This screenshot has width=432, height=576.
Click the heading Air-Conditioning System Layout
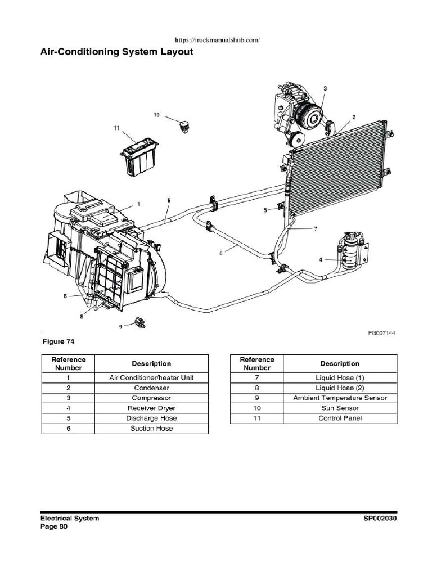pyautogui.click(x=116, y=52)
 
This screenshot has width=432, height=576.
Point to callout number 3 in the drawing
pyautogui.click(x=325, y=88)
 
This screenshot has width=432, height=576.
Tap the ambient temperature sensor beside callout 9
pyautogui.click(x=137, y=322)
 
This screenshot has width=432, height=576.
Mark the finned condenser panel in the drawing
pyautogui.click(x=337, y=169)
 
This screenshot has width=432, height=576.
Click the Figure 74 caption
pyautogui.click(x=58, y=341)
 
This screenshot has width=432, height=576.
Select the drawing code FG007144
pyautogui.click(x=382, y=333)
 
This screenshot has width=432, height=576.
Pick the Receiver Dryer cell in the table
pyautogui.click(x=151, y=408)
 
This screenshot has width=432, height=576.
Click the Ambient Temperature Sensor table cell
pyautogui.click(x=340, y=398)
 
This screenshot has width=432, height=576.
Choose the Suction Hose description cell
pyautogui.click(x=151, y=428)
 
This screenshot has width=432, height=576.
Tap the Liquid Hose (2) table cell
pyautogui.click(x=340, y=388)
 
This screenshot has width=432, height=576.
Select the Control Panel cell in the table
pyautogui.click(x=340, y=418)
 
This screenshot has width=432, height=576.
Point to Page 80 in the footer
pyautogui.click(x=54, y=527)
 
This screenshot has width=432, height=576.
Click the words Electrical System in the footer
pyautogui.click(x=69, y=518)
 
